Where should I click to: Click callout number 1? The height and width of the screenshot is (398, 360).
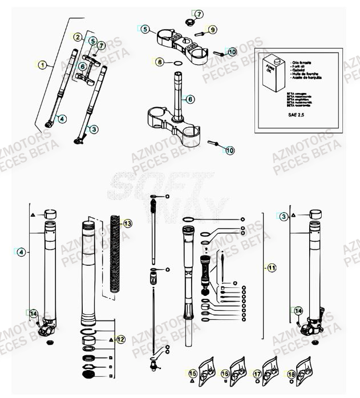click(42, 65)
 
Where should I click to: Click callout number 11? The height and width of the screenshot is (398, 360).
click(272, 266)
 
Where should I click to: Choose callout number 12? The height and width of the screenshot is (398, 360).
click(121, 339)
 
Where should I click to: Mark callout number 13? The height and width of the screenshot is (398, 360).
click(127, 224)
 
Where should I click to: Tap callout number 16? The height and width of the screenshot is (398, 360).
click(225, 373)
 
